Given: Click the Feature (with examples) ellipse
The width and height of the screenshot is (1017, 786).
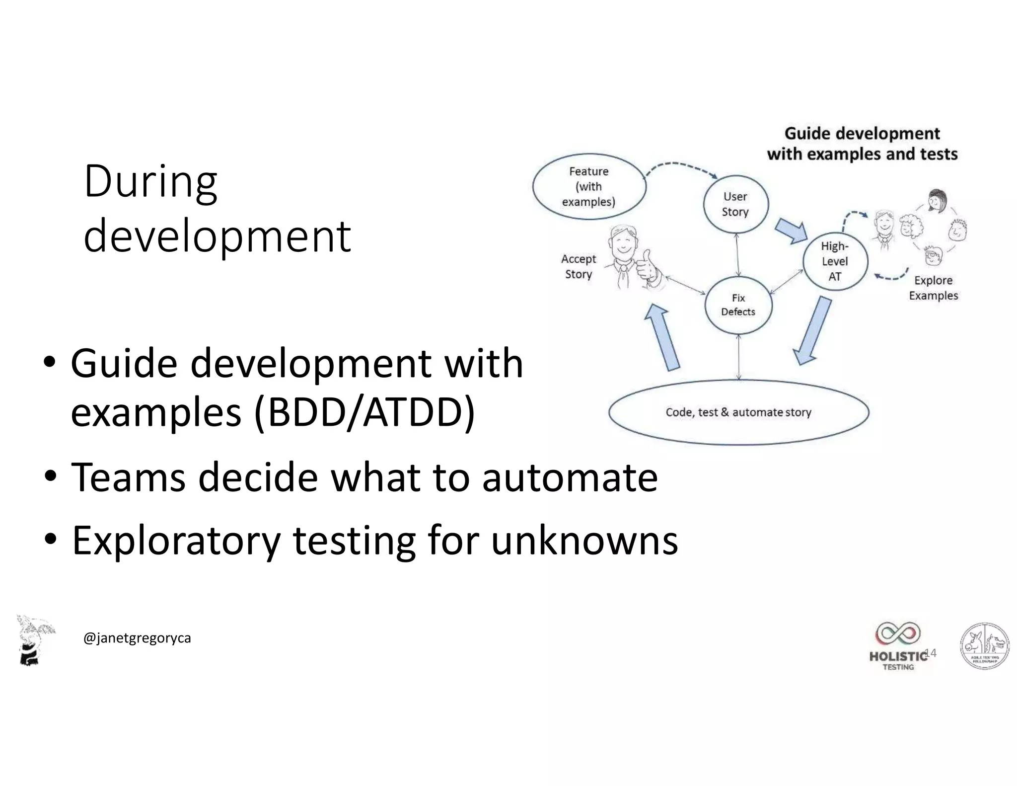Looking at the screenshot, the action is (589, 186).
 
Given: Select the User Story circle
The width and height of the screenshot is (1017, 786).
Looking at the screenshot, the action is (735, 204).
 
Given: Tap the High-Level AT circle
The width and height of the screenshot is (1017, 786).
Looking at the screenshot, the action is (835, 261).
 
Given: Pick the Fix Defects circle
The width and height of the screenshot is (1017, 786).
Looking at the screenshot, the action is (738, 305).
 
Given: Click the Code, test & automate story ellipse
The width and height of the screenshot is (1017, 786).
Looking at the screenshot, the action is (738, 412).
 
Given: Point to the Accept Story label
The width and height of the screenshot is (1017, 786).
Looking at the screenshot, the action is (579, 266).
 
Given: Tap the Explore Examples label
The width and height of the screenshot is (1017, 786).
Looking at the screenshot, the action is (933, 288).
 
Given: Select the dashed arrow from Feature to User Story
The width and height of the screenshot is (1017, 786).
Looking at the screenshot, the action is (680, 166).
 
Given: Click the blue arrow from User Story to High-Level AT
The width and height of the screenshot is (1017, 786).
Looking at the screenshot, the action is (792, 231).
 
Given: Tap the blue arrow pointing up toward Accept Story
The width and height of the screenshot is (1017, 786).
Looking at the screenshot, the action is (663, 338).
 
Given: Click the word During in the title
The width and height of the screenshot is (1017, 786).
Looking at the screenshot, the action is (150, 182).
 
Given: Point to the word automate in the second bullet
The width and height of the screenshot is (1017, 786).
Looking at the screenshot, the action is (570, 477).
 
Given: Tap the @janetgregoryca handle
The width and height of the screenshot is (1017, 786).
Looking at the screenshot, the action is (137, 638).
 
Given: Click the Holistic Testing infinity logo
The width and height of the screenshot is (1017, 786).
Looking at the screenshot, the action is (898, 634).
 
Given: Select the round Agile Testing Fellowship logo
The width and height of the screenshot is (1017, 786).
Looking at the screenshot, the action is (984, 646).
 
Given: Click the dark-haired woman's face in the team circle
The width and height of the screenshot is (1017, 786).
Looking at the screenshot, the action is (936, 201).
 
